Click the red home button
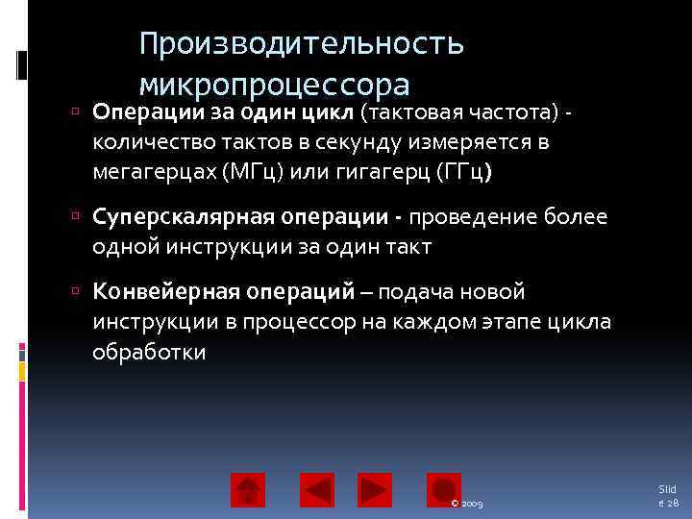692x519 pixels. (x=248, y=490)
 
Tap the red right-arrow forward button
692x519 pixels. (x=375, y=490)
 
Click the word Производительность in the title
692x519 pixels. (x=301, y=43)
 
